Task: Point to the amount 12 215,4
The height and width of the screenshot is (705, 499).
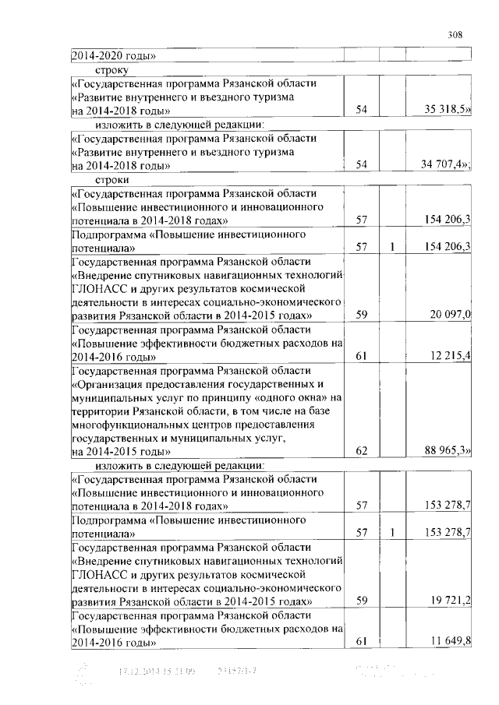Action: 451,356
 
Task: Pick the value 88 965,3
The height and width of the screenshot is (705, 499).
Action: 448,452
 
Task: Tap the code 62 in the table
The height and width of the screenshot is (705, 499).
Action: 361,452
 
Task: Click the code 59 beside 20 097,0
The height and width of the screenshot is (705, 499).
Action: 361,315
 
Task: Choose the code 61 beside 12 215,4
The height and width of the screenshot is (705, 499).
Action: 361,356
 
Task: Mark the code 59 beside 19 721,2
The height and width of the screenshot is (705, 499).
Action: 361,602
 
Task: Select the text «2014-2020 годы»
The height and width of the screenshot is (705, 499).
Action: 114,55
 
